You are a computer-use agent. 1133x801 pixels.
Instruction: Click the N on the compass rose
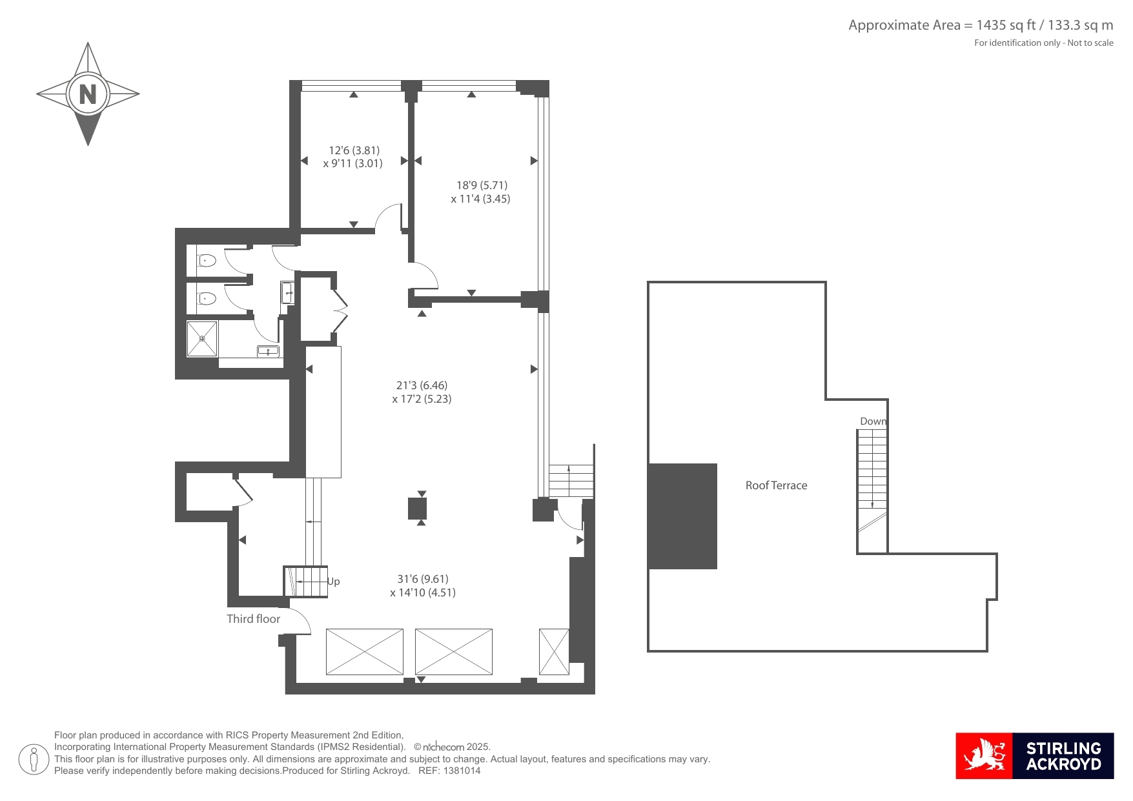click(x=88, y=94)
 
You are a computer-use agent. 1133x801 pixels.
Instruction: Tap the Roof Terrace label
click(x=776, y=485)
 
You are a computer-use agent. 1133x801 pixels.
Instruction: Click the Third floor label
click(x=253, y=619)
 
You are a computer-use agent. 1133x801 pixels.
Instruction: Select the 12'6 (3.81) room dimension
click(x=354, y=150)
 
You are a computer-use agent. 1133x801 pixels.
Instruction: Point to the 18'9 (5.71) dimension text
click(x=482, y=185)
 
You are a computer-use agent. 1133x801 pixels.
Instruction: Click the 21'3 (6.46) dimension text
click(x=422, y=385)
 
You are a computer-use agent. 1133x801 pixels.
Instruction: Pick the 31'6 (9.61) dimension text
click(x=423, y=579)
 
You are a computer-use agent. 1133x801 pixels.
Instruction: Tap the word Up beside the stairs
click(x=333, y=582)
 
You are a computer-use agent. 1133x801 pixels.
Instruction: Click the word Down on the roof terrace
click(x=873, y=421)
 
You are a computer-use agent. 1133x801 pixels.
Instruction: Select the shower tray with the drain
click(x=202, y=338)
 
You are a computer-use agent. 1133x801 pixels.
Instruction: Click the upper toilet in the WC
click(x=206, y=261)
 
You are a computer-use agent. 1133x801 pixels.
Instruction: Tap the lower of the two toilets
click(x=206, y=298)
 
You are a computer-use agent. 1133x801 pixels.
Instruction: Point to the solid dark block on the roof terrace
click(x=682, y=516)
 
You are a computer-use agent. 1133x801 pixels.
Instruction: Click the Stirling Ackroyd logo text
click(x=1063, y=756)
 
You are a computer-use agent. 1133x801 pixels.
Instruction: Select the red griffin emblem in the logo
click(x=984, y=756)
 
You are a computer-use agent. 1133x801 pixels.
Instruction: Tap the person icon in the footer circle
click(x=34, y=759)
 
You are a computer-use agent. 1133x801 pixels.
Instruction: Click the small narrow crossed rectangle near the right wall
click(x=554, y=652)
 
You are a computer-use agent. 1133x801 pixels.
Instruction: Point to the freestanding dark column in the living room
click(x=418, y=509)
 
